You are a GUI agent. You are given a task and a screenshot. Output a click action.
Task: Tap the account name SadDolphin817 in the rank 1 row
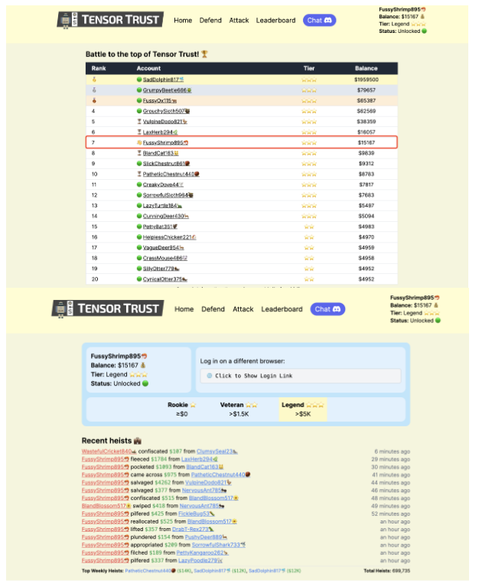pos(161,80)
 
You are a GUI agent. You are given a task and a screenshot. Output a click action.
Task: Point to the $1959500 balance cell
pos(366,80)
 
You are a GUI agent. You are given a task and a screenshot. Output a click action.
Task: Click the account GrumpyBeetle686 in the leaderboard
pos(165,90)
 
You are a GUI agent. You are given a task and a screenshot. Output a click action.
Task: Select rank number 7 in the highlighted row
pos(93,142)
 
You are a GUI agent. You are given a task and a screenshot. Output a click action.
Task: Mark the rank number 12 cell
pos(93,195)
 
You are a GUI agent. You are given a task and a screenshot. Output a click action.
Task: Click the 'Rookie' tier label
pos(178,404)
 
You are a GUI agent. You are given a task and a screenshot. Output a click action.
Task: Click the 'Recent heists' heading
pos(107,441)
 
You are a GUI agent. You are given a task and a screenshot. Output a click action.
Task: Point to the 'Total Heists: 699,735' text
pos(387,570)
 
